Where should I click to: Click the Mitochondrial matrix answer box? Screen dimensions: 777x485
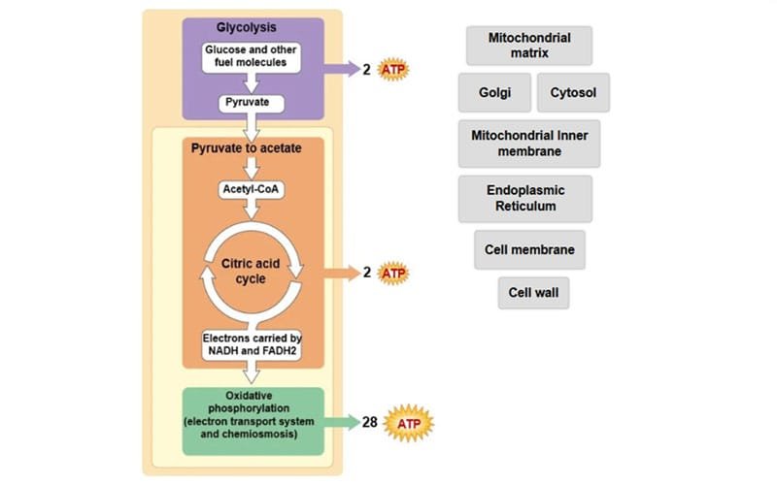[529, 46]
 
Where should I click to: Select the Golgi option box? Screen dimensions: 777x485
[494, 92]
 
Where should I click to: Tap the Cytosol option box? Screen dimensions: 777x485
[573, 92]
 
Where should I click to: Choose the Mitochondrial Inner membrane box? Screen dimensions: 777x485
[529, 144]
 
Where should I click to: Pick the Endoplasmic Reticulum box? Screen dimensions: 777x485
[525, 199]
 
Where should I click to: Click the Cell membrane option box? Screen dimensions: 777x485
[529, 250]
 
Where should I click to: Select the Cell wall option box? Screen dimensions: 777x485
[533, 293]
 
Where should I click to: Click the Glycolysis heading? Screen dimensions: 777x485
[247, 27]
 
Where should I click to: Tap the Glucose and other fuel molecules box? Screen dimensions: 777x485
[252, 57]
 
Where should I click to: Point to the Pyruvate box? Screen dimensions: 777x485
[252, 104]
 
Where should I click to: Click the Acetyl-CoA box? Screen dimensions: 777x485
[252, 189]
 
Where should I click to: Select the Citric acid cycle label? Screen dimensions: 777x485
[251, 272]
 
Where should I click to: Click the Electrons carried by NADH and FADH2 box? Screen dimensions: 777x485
[252, 345]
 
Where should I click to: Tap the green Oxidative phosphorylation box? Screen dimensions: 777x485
[253, 421]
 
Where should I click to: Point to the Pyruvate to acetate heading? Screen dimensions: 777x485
[247, 148]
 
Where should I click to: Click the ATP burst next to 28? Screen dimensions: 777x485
[408, 423]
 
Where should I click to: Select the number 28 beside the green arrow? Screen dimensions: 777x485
[370, 422]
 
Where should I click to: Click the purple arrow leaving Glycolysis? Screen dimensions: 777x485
[342, 69]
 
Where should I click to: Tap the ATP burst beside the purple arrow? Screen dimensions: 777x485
[393, 69]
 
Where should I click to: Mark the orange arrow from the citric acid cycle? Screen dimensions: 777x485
[342, 273]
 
